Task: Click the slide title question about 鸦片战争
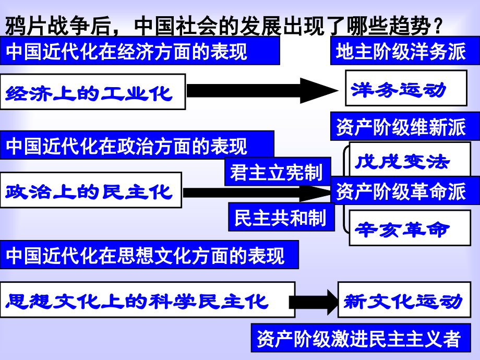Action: (x=224, y=26)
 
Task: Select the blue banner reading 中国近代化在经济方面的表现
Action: (x=140, y=51)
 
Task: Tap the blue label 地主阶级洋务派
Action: (x=405, y=51)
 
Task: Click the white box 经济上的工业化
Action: (x=93, y=91)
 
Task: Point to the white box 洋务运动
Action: (x=406, y=88)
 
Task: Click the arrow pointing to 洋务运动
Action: (x=262, y=91)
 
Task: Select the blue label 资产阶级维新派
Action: (x=405, y=126)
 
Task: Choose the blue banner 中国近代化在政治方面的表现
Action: (x=137, y=145)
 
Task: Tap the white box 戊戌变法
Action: (x=410, y=159)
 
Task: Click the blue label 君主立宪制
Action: (x=278, y=172)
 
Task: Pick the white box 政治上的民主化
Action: (x=91, y=190)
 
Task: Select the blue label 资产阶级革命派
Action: (x=405, y=190)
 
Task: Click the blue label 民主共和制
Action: (x=281, y=217)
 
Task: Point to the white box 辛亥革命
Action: (x=410, y=228)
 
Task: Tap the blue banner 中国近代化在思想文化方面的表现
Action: (x=149, y=255)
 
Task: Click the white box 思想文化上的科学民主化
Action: (x=148, y=299)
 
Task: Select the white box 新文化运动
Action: (x=404, y=299)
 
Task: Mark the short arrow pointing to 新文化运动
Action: (x=314, y=302)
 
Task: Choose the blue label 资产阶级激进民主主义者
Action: (x=361, y=338)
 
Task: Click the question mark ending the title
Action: (x=438, y=26)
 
